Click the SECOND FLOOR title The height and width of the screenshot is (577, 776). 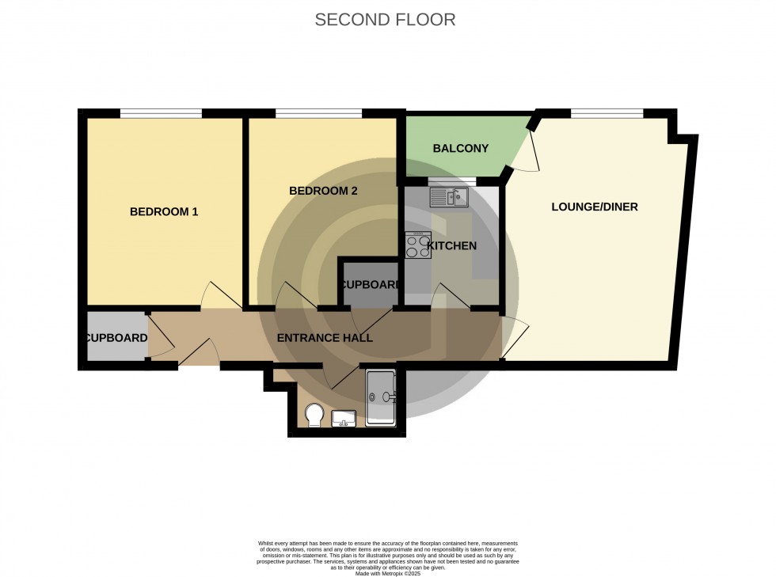tap(386, 20)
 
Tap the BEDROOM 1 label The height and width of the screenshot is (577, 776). tap(164, 211)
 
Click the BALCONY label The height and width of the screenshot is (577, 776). tap(460, 148)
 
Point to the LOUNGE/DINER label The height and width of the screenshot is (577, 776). tap(595, 207)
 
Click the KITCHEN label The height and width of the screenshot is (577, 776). tap(452, 245)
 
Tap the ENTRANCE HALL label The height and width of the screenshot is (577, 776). tap(325, 338)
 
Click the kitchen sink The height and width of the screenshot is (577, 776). tap(450, 196)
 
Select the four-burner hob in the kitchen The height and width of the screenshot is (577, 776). tap(417, 245)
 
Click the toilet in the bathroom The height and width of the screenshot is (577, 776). tap(313, 415)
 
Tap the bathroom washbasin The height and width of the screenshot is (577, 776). tap(344, 417)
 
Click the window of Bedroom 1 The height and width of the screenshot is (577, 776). tap(161, 113)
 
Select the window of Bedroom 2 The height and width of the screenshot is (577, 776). tap(319, 113)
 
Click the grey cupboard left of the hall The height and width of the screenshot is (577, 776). tap(116, 337)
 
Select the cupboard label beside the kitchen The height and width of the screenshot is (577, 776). tap(369, 284)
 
